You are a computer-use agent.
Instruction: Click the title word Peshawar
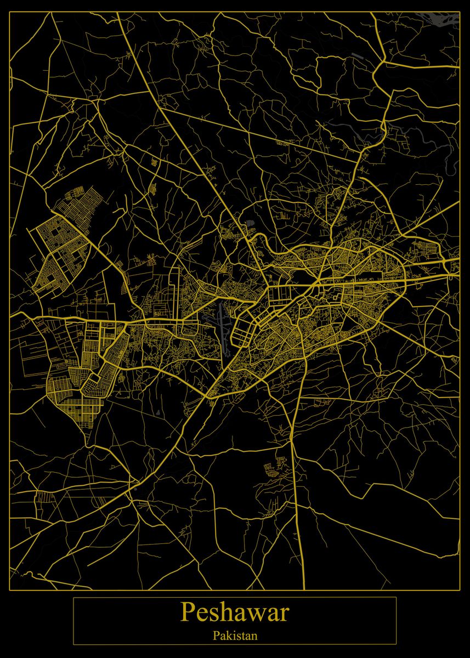(235, 613)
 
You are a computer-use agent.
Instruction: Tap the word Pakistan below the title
(235, 636)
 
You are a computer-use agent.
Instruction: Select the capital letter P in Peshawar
(188, 613)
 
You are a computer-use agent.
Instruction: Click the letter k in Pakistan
(229, 636)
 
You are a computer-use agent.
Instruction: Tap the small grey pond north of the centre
(250, 223)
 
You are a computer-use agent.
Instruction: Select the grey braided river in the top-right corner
(441, 20)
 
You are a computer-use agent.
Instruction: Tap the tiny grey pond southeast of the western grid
(157, 412)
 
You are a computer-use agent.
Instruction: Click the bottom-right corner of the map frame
(460, 590)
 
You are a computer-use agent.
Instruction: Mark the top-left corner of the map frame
(10, 12)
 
